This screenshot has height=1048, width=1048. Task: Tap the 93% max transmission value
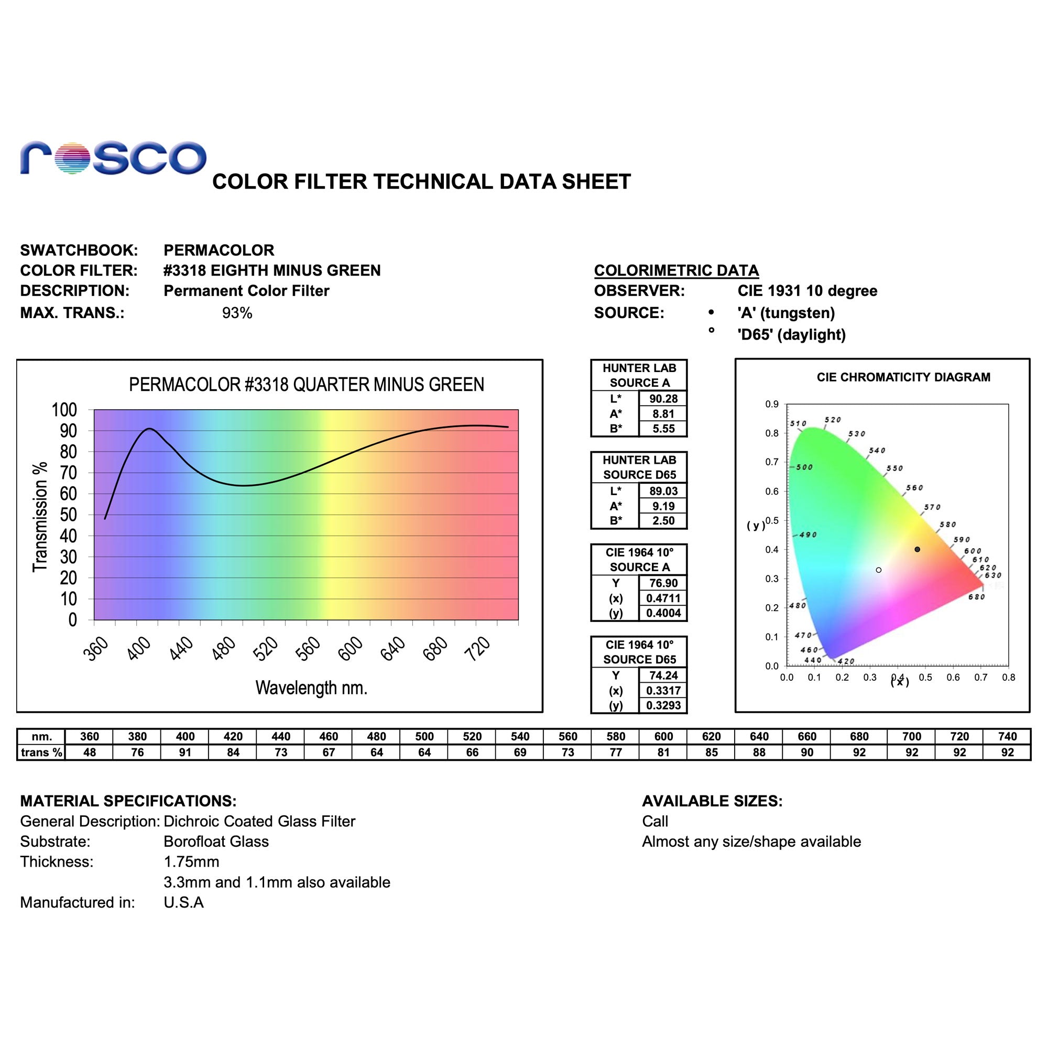point(237,313)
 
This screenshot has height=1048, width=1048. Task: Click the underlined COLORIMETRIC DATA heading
point(676,270)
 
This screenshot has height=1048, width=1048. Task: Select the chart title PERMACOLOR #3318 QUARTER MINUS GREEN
point(307,385)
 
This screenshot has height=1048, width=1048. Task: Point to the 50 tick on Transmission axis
point(68,515)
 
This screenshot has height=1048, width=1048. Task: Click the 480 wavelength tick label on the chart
point(224,648)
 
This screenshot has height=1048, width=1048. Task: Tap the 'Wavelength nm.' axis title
point(311,688)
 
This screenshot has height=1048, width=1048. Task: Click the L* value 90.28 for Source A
point(663,399)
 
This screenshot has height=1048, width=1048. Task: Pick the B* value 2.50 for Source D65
point(663,521)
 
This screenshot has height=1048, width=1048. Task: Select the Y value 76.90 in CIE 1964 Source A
point(663,583)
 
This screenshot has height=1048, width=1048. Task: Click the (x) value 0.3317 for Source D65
point(663,691)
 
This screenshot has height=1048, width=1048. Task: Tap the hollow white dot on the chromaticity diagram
point(879,570)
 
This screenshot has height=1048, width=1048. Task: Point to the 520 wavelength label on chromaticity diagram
point(833,420)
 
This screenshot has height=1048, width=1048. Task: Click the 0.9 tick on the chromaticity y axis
point(772,404)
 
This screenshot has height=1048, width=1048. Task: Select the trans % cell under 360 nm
point(90,752)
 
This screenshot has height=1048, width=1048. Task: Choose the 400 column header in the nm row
point(185,736)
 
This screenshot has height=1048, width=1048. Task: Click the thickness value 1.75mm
point(191,862)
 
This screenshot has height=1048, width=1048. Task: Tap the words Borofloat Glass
point(216,842)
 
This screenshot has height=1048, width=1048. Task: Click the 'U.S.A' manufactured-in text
point(183,902)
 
